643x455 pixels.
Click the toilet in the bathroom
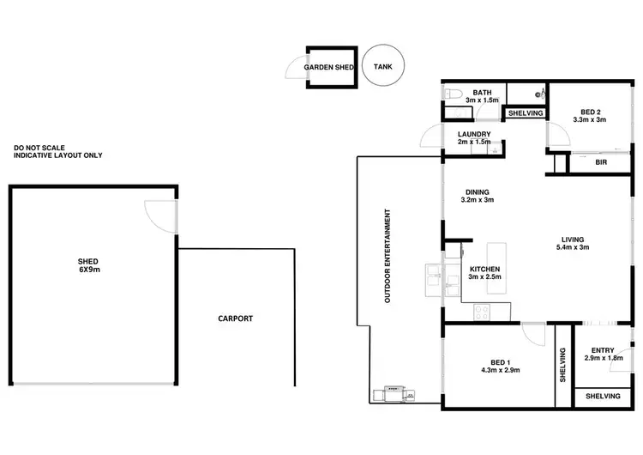454,94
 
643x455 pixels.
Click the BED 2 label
590,115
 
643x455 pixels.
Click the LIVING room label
573,244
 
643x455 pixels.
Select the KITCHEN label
484,273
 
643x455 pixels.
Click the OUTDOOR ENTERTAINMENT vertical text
388,256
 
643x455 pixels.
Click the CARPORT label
235,318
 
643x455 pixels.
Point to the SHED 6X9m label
87,265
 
